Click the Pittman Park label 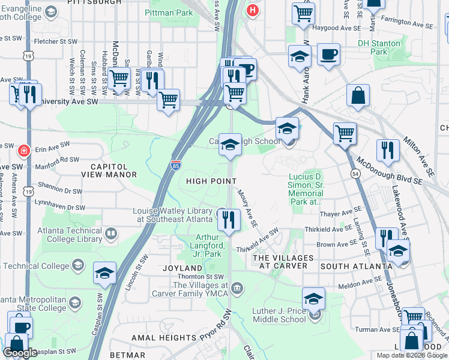[x=168, y=12]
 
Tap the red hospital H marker [x=252, y=10]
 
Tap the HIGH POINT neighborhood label [x=210, y=181]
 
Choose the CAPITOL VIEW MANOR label [x=109, y=170]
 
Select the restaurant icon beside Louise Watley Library [x=228, y=220]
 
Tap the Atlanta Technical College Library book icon [x=110, y=233]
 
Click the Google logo [x=20, y=353]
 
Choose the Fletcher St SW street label [x=56, y=42]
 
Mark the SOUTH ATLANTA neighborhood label [x=348, y=266]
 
